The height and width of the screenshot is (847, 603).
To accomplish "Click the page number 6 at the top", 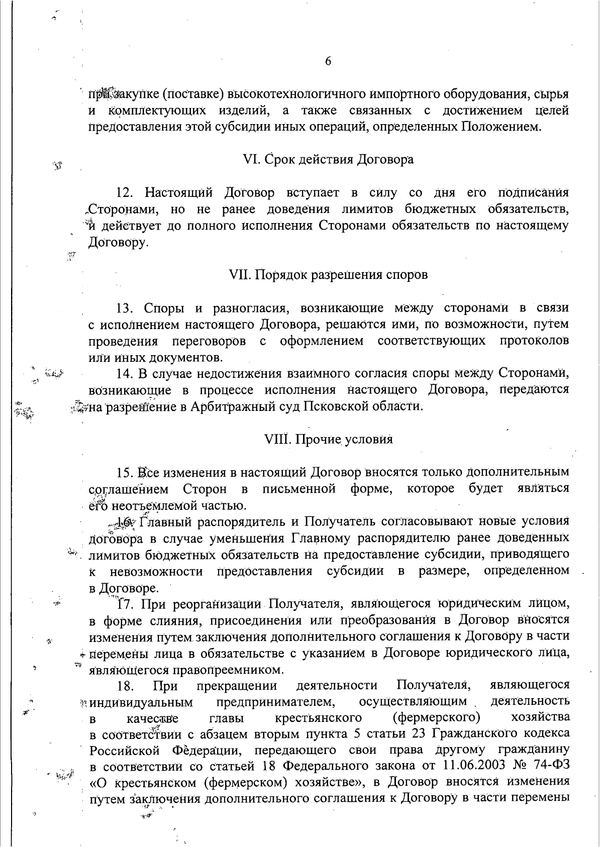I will coord(328,61).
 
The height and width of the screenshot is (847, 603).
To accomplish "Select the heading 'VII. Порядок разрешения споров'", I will coord(328,275).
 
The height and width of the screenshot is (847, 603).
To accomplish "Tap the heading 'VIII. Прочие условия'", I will coord(328,439).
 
